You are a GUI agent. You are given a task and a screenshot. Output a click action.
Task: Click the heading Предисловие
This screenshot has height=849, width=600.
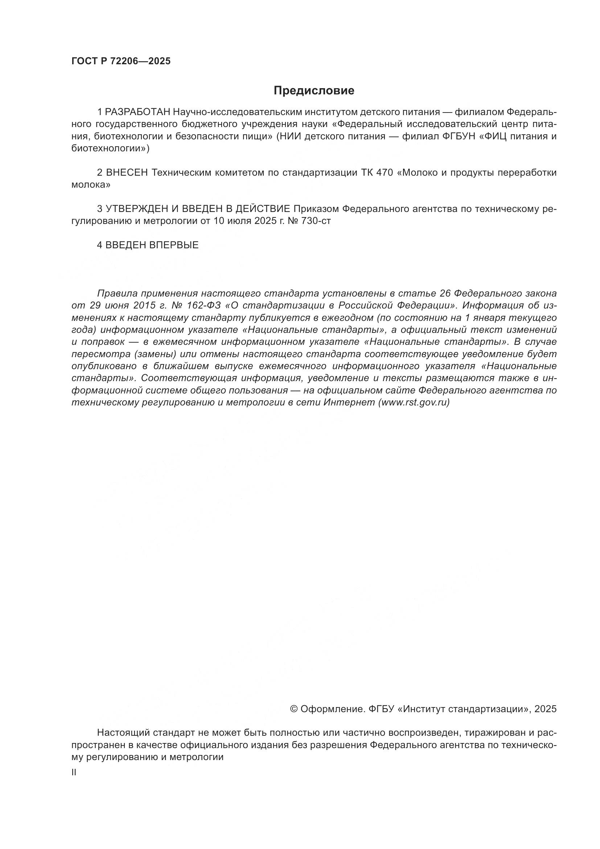click(x=314, y=91)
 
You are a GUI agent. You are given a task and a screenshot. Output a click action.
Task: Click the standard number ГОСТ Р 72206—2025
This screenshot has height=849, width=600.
click(x=121, y=61)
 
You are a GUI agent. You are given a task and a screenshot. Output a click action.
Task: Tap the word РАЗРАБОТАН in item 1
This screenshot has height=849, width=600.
click(x=137, y=112)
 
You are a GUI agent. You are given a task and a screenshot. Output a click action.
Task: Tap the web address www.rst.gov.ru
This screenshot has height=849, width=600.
click(x=414, y=403)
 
